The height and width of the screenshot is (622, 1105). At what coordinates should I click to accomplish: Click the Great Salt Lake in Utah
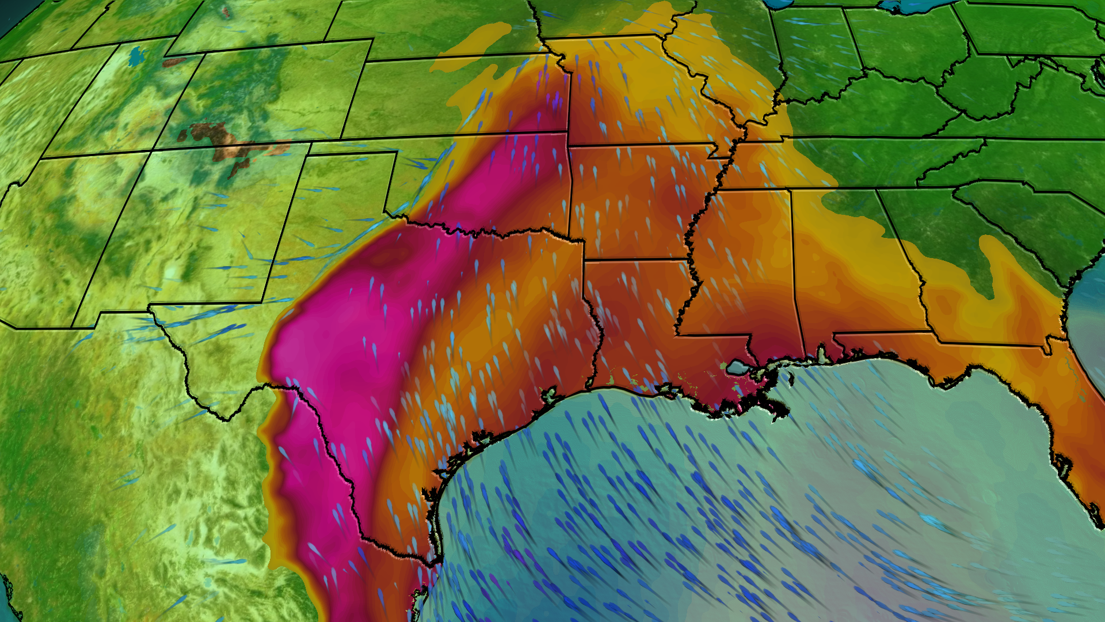[137, 56]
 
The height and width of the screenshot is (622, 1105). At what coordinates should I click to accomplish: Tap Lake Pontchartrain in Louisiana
[736, 366]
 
